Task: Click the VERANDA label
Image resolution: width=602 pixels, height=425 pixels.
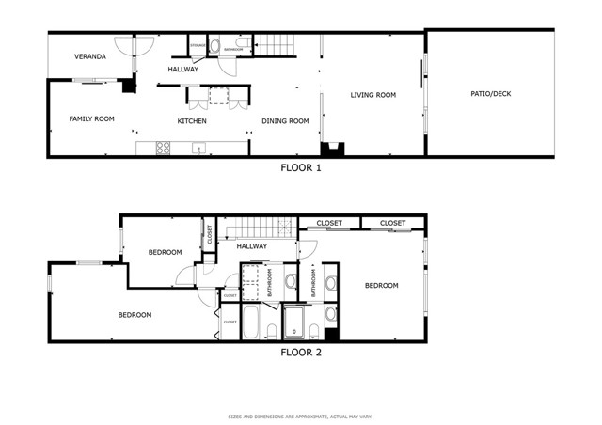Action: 90,57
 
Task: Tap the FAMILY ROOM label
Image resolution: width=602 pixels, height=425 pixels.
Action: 91,119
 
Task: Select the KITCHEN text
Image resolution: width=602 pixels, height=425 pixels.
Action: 192,121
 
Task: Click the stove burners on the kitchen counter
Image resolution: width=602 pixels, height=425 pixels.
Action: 163,148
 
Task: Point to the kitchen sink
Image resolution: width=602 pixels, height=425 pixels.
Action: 199,148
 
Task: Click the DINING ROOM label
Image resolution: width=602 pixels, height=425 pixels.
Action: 285,121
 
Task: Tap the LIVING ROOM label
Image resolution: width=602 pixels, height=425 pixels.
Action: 373,95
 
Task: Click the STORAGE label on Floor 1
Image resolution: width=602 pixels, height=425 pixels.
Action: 198,45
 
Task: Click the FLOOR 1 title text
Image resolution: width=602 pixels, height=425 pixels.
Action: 301,169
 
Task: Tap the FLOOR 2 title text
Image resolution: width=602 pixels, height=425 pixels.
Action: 301,353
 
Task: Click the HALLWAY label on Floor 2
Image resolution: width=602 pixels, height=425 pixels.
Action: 252,246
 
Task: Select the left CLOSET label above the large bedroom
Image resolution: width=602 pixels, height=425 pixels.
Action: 329,224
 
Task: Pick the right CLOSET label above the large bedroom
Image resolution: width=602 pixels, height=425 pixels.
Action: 393,224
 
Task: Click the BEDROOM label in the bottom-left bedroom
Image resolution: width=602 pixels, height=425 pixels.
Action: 135,315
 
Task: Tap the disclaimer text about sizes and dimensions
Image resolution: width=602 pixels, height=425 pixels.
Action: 301,417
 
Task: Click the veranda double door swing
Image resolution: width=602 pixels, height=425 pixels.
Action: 135,45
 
